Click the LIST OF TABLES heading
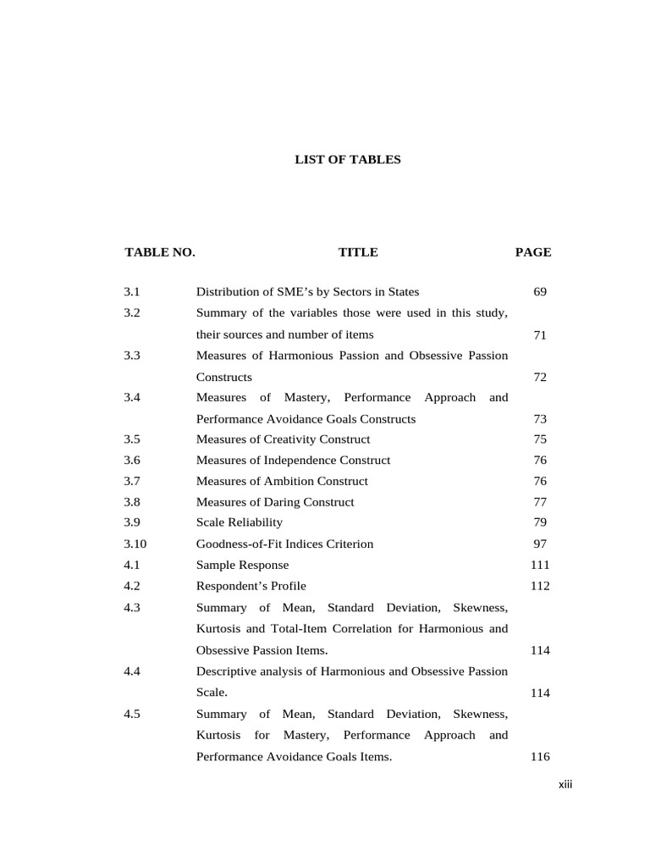pyautogui.click(x=347, y=159)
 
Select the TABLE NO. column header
pyautogui.click(x=160, y=252)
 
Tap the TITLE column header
pyautogui.click(x=358, y=252)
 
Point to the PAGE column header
pyautogui.click(x=533, y=252)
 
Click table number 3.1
pyautogui.click(x=131, y=292)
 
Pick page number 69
pyautogui.click(x=540, y=292)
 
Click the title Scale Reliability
pyautogui.click(x=240, y=522)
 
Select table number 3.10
pyautogui.click(x=135, y=544)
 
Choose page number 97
pyautogui.click(x=540, y=544)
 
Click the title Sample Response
pyautogui.click(x=242, y=565)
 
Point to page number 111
pyautogui.click(x=540, y=565)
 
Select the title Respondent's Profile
pyautogui.click(x=251, y=586)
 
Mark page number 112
pyautogui.click(x=540, y=586)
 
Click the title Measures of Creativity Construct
pyautogui.click(x=283, y=439)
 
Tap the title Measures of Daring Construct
pyautogui.click(x=275, y=502)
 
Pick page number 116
pyautogui.click(x=540, y=757)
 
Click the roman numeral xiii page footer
pyautogui.click(x=565, y=785)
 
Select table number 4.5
pyautogui.click(x=131, y=714)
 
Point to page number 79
pyautogui.click(x=540, y=522)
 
